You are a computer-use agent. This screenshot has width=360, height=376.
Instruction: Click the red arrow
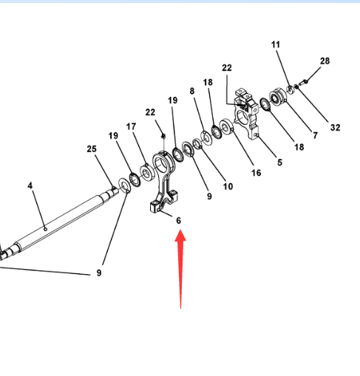tap(180, 268)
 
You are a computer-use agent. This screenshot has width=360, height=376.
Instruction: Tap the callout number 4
tap(30, 185)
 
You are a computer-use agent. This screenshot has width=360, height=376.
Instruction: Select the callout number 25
tap(92, 149)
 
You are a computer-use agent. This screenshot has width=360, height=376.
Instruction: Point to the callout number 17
tap(131, 126)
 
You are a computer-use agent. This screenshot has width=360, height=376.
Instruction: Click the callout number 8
tap(192, 91)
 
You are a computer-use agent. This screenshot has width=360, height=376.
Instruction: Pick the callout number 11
tap(276, 44)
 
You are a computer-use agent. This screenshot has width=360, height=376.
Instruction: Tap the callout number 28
tap(325, 61)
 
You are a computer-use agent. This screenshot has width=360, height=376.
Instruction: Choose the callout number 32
tap(336, 128)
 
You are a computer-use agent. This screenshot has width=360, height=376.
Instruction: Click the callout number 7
tap(316, 135)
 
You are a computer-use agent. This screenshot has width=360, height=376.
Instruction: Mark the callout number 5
tap(280, 163)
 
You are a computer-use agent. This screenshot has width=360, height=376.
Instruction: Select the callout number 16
tap(257, 173)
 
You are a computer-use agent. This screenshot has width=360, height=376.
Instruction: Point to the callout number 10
tap(228, 186)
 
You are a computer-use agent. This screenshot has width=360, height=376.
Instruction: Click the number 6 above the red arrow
tap(179, 220)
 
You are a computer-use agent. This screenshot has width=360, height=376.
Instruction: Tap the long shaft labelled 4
tap(59, 222)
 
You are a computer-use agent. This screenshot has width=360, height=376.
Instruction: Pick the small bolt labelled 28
tap(303, 82)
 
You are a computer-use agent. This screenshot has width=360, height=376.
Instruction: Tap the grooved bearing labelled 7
tap(278, 98)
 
